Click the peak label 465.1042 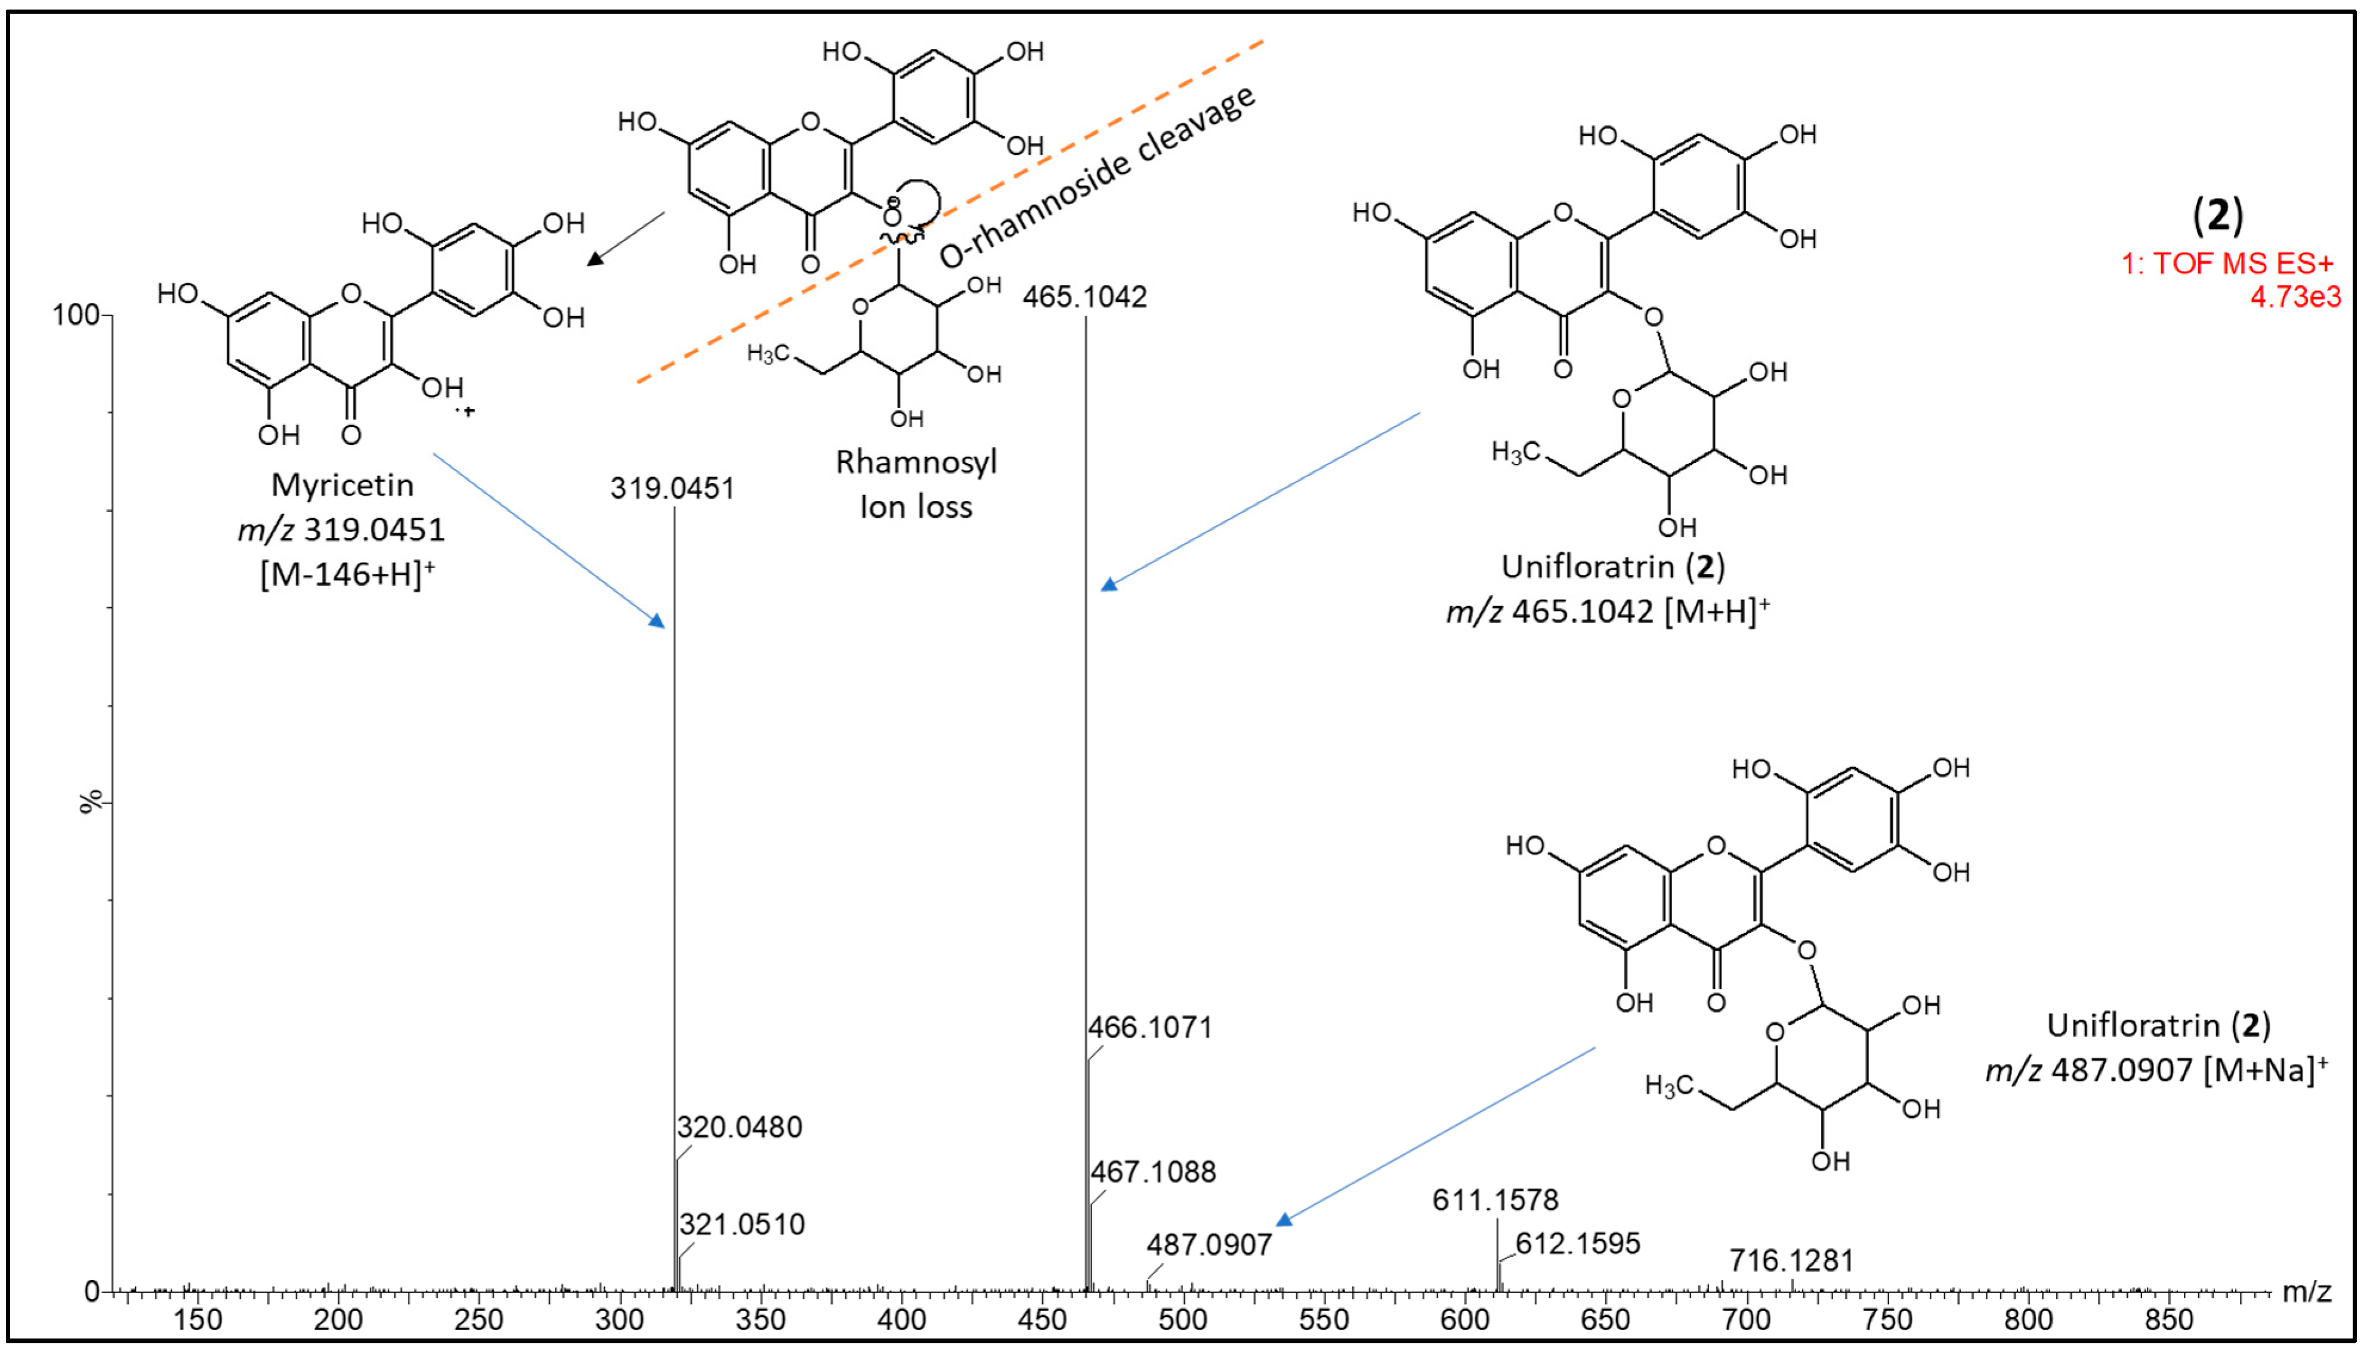click(1084, 298)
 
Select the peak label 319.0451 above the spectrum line click(672, 489)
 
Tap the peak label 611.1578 click(1495, 1201)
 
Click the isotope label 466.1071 click(1151, 1028)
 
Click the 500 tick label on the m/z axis click(1183, 1319)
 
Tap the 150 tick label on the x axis click(197, 1319)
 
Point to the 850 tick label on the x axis click(2169, 1319)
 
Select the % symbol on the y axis click(90, 802)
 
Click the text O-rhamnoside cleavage click(1098, 177)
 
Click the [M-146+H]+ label click(347, 574)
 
